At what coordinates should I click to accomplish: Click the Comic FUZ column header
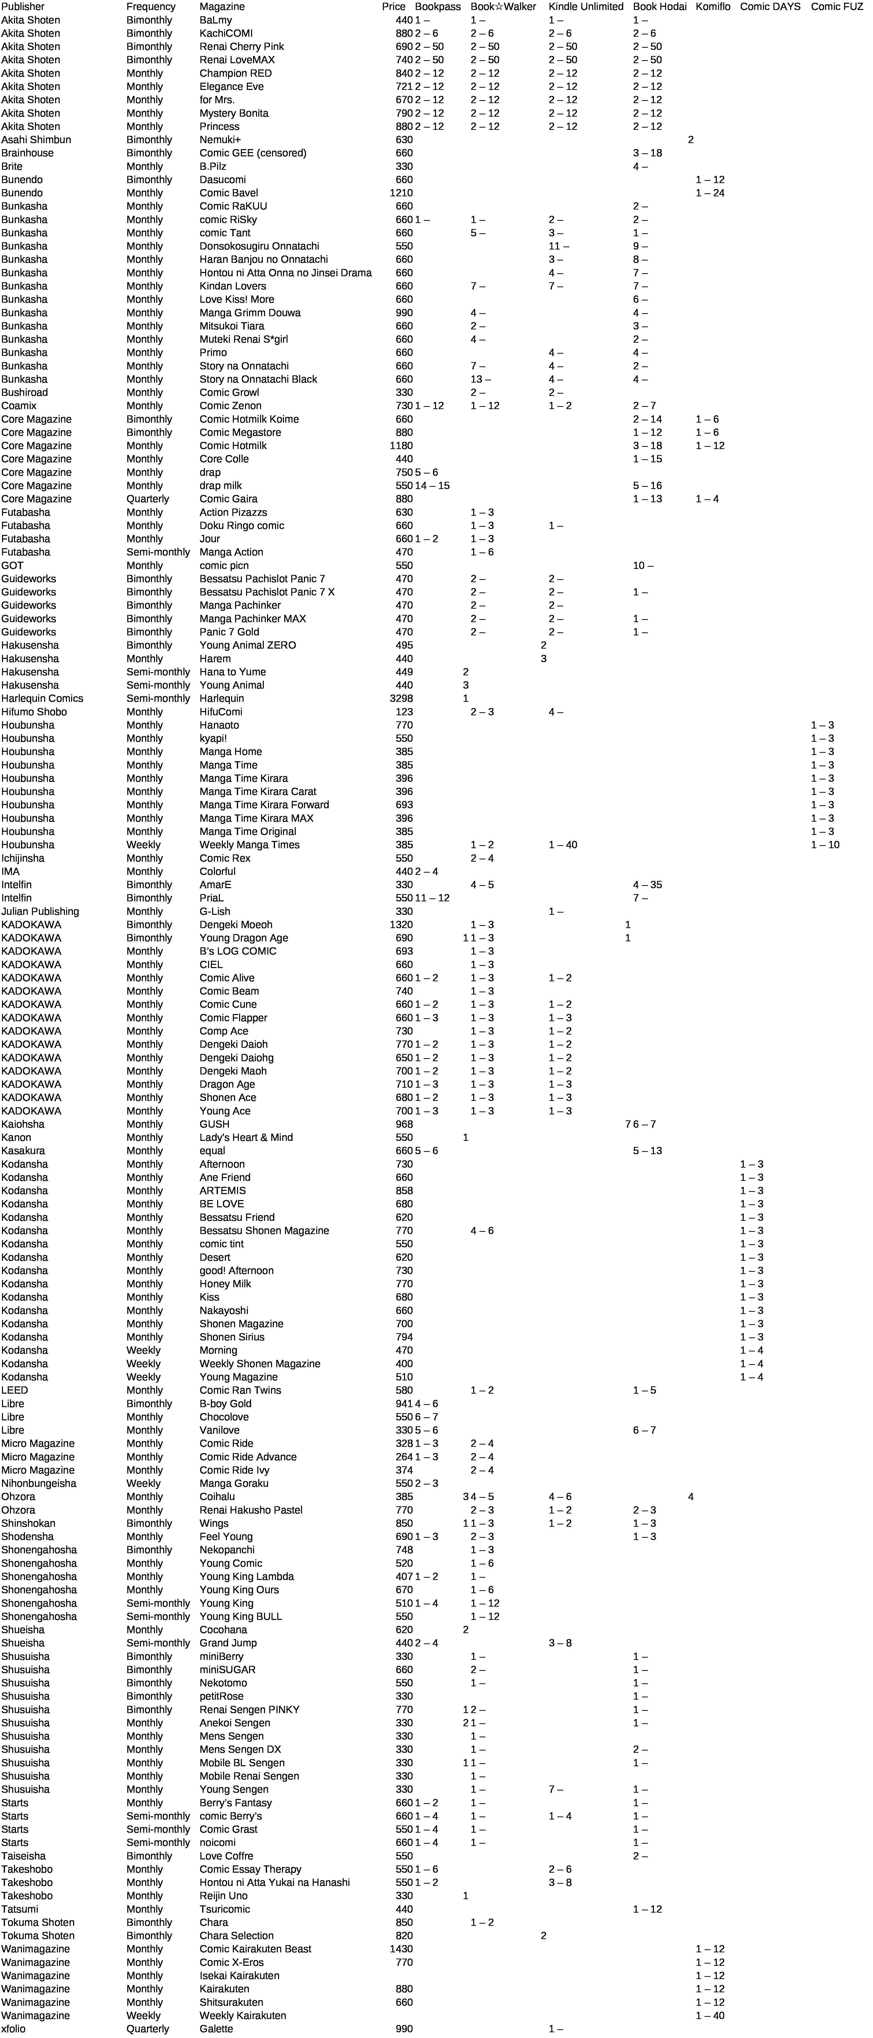(x=837, y=6)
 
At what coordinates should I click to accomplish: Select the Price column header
(x=393, y=6)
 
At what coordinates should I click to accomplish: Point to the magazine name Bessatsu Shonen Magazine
(x=264, y=1230)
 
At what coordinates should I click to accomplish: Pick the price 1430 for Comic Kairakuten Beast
(x=401, y=1949)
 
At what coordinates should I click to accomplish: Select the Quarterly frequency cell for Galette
(x=148, y=2029)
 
